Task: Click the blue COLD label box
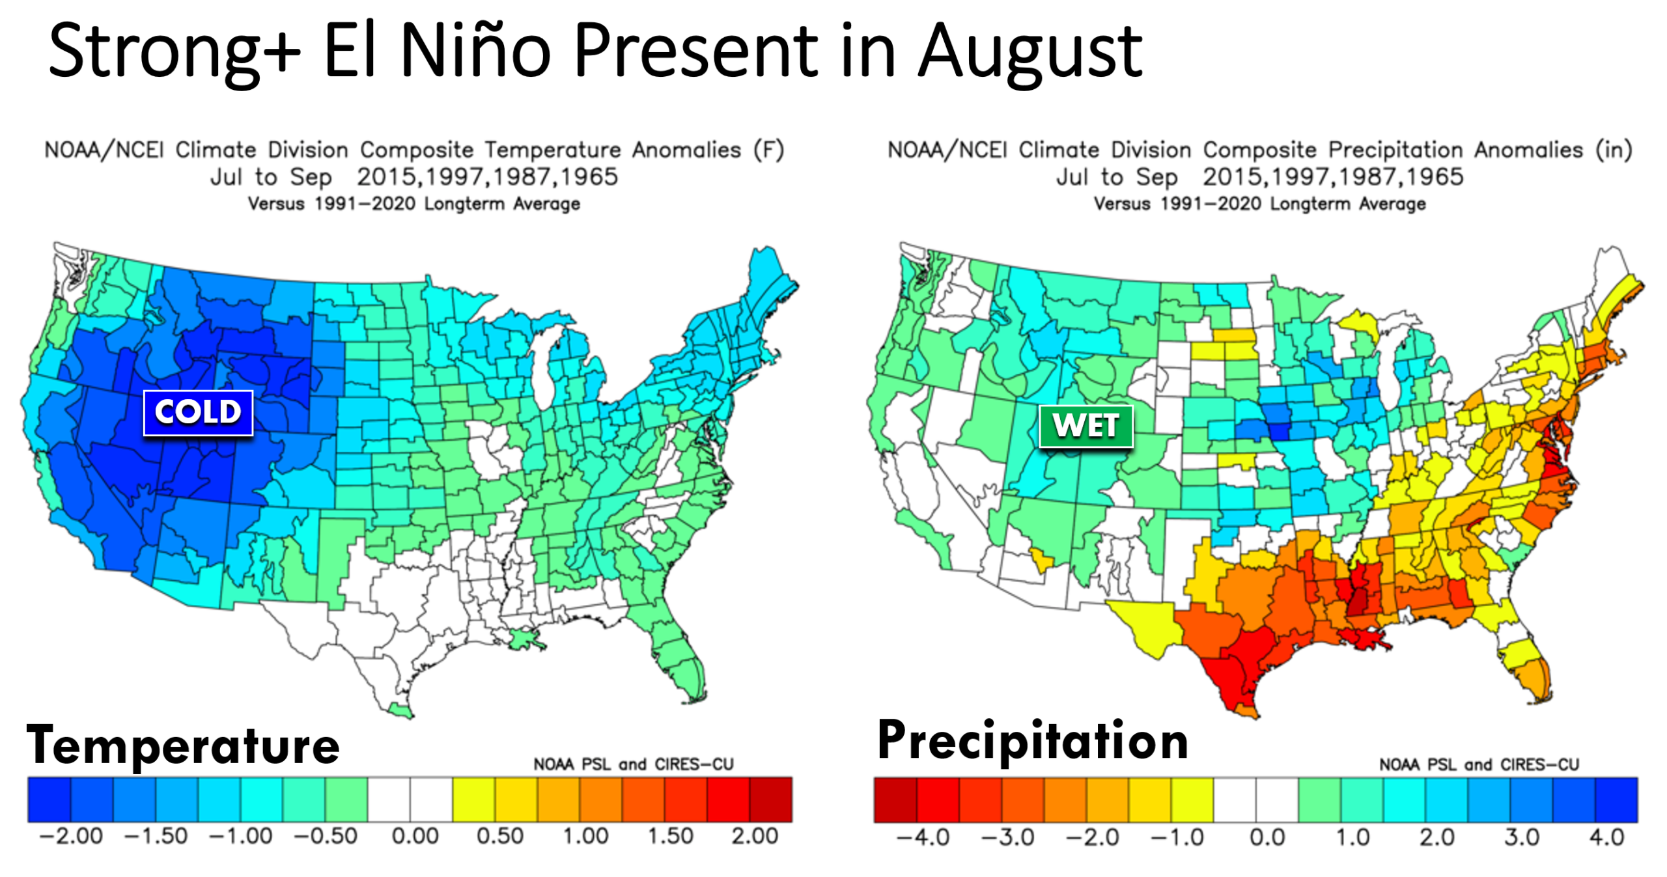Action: (198, 412)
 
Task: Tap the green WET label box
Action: (1086, 426)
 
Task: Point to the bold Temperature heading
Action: (183, 745)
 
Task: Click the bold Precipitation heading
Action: (1033, 741)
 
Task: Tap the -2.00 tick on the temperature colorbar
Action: (71, 836)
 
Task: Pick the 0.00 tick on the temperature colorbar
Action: (415, 836)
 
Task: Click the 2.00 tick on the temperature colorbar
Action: (755, 836)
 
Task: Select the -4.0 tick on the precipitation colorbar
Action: (923, 837)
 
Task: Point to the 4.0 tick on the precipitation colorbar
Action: (1606, 837)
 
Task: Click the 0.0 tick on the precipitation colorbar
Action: (1267, 837)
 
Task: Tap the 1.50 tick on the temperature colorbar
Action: (670, 836)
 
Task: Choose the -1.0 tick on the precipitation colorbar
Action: (1177, 837)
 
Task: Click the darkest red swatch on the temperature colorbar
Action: (771, 800)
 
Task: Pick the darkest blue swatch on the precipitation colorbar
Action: (1616, 800)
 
